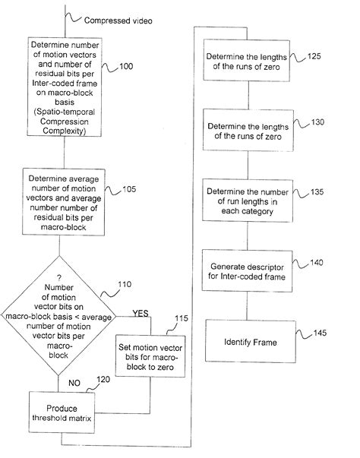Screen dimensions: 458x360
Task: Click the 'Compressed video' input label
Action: [x=109, y=21]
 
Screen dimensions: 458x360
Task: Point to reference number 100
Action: [x=127, y=68]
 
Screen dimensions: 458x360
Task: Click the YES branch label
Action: [x=141, y=312]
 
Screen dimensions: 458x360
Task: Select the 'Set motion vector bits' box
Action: [x=146, y=355]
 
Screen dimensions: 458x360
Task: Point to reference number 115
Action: [x=182, y=318]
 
